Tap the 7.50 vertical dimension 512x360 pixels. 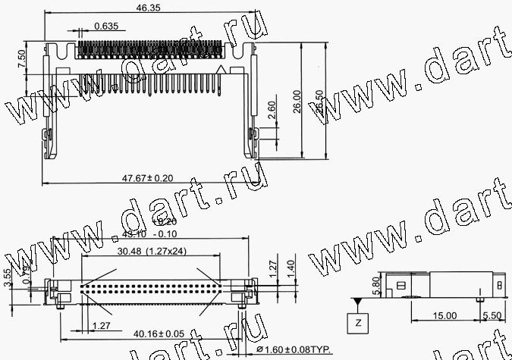coord(21,58)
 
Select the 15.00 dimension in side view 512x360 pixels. coord(445,315)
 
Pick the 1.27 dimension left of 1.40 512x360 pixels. coord(271,266)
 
